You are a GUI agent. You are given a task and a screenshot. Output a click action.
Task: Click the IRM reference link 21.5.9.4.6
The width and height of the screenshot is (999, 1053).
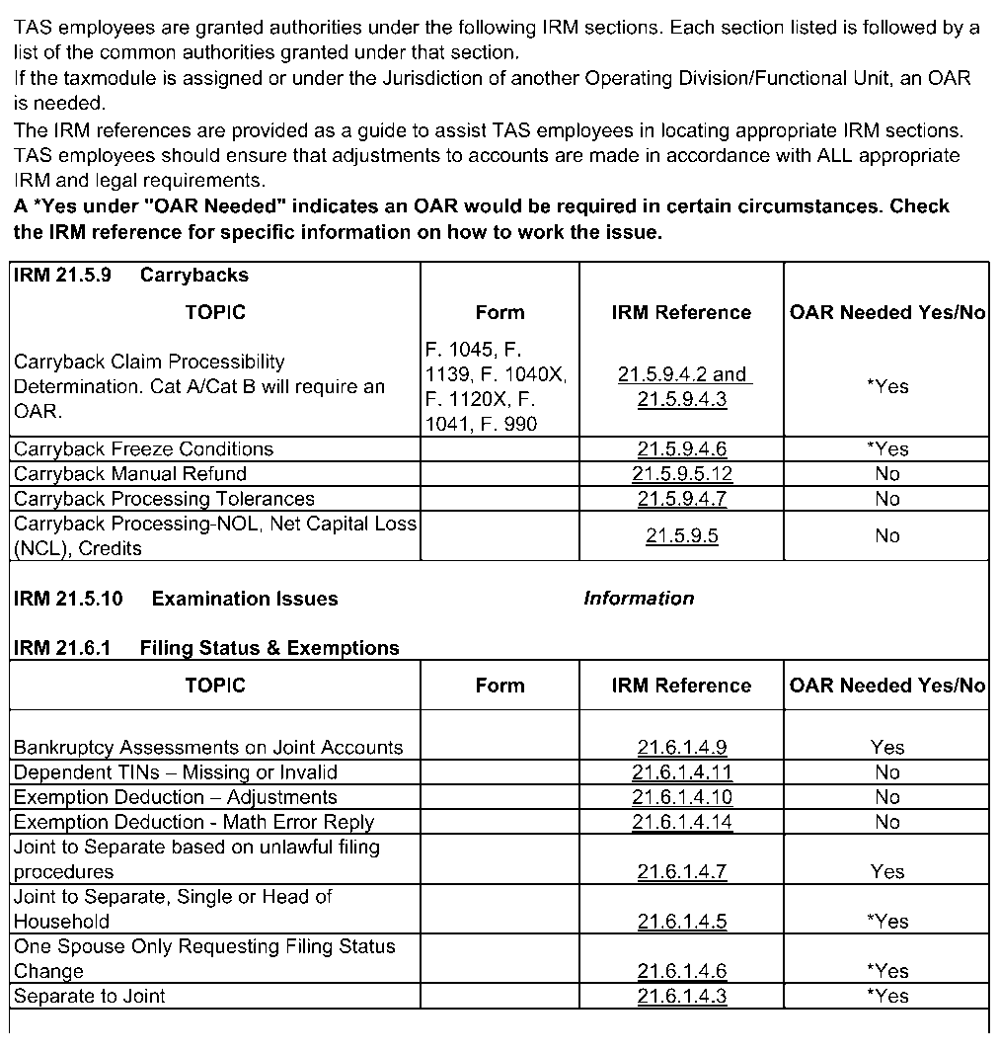click(681, 449)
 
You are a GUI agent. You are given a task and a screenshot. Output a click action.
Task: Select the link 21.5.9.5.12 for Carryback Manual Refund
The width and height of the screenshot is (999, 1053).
click(681, 474)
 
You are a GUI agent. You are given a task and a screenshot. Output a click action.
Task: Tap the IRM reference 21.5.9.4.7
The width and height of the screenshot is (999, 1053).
click(681, 499)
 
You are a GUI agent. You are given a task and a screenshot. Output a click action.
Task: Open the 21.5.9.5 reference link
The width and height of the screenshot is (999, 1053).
click(681, 536)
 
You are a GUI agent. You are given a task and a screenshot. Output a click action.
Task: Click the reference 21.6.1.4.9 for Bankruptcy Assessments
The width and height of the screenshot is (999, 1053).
click(681, 748)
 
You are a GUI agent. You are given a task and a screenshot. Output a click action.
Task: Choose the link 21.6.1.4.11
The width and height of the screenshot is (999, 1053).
click(681, 772)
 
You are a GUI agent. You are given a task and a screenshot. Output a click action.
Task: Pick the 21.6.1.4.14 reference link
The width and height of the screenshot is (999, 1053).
click(681, 822)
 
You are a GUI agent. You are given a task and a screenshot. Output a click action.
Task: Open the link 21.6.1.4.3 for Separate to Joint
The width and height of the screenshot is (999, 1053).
click(681, 996)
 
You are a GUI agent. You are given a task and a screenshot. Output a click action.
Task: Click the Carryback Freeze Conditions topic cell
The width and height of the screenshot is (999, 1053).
click(143, 449)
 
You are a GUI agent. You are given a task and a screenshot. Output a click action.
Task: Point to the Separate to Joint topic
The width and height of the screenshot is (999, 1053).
click(90, 996)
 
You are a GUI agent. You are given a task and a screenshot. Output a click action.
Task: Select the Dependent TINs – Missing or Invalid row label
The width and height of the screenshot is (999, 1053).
click(176, 772)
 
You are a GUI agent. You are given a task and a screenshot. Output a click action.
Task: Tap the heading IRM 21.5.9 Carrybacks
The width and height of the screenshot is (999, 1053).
click(131, 276)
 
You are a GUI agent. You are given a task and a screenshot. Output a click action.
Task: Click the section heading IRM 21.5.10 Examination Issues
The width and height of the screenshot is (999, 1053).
click(176, 599)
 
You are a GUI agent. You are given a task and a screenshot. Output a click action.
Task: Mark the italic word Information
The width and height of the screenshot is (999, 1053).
click(639, 599)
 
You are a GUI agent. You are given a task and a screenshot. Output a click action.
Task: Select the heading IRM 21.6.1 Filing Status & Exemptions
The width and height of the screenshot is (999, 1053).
click(206, 648)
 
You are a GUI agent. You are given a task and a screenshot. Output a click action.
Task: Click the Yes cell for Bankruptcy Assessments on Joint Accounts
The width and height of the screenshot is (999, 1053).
click(887, 748)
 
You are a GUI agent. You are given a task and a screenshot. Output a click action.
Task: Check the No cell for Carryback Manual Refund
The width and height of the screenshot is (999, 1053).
click(887, 474)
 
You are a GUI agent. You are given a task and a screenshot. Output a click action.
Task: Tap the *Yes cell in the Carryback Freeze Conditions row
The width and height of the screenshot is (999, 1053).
click(887, 449)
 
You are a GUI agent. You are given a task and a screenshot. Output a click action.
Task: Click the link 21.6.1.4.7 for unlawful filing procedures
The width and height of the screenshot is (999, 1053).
click(681, 871)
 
